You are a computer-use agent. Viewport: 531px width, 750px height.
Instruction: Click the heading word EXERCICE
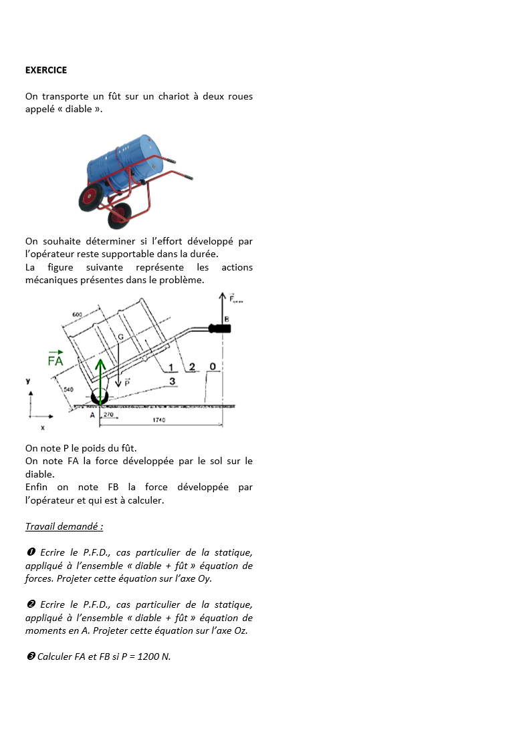[x=46, y=70]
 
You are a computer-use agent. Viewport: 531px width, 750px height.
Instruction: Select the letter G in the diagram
[x=120, y=337]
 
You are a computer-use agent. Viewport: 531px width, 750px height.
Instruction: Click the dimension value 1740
[x=159, y=420]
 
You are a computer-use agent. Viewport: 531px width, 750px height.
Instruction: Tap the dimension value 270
[x=110, y=415]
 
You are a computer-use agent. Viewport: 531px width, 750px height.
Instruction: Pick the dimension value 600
[x=78, y=315]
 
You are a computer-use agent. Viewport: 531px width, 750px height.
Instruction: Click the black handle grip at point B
[x=219, y=329]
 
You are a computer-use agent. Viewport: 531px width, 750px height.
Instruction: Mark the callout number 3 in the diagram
[x=172, y=381]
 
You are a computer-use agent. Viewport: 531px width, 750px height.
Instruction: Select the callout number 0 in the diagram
[x=212, y=367]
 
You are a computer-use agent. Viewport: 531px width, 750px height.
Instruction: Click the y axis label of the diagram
[x=28, y=381]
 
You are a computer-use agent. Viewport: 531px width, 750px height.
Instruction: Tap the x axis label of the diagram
[x=43, y=427]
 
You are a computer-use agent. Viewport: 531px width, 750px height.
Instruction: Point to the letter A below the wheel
[x=93, y=415]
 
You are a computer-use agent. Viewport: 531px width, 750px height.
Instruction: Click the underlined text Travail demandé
[x=64, y=526]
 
